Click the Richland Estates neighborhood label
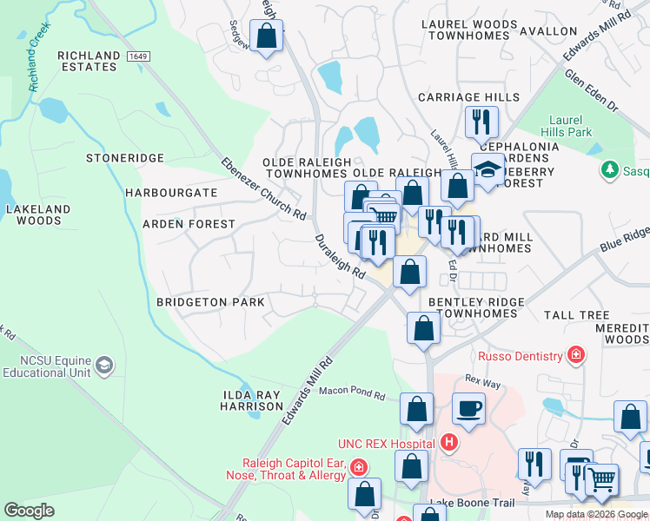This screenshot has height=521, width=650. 89,62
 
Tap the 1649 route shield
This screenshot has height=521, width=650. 136,56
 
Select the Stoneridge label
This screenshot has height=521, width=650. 125,158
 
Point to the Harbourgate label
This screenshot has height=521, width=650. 171,192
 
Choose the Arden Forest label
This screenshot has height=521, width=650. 189,224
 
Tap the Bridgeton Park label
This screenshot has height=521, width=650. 209,302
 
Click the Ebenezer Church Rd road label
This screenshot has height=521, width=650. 262,188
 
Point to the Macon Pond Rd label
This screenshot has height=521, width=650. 351,393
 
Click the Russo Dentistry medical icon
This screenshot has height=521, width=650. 574,355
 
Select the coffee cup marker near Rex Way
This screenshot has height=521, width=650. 468,408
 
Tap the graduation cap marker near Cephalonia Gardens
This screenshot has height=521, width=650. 488,169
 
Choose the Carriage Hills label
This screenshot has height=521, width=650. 468,97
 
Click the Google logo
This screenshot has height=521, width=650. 30,511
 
